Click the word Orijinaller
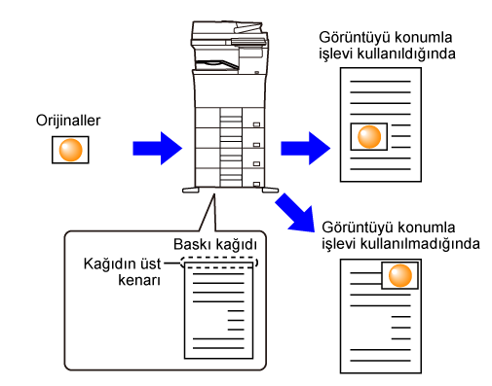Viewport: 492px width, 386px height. [x=68, y=121]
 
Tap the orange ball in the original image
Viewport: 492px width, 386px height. [x=70, y=150]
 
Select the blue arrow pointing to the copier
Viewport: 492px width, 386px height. [x=157, y=149]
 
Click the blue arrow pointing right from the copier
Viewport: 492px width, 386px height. [x=305, y=149]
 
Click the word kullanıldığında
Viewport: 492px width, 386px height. [x=406, y=53]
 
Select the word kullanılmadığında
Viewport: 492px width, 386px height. [x=420, y=244]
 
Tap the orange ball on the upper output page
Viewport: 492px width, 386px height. [x=369, y=136]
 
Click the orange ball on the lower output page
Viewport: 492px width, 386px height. [x=400, y=275]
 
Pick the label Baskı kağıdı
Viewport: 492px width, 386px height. [x=215, y=244]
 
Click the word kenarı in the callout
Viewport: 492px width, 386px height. [x=139, y=280]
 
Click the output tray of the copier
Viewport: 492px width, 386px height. [x=217, y=64]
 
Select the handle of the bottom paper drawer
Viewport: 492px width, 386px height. [x=256, y=185]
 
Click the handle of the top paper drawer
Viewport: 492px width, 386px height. [x=256, y=124]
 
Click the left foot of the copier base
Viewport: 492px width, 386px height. [x=191, y=191]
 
